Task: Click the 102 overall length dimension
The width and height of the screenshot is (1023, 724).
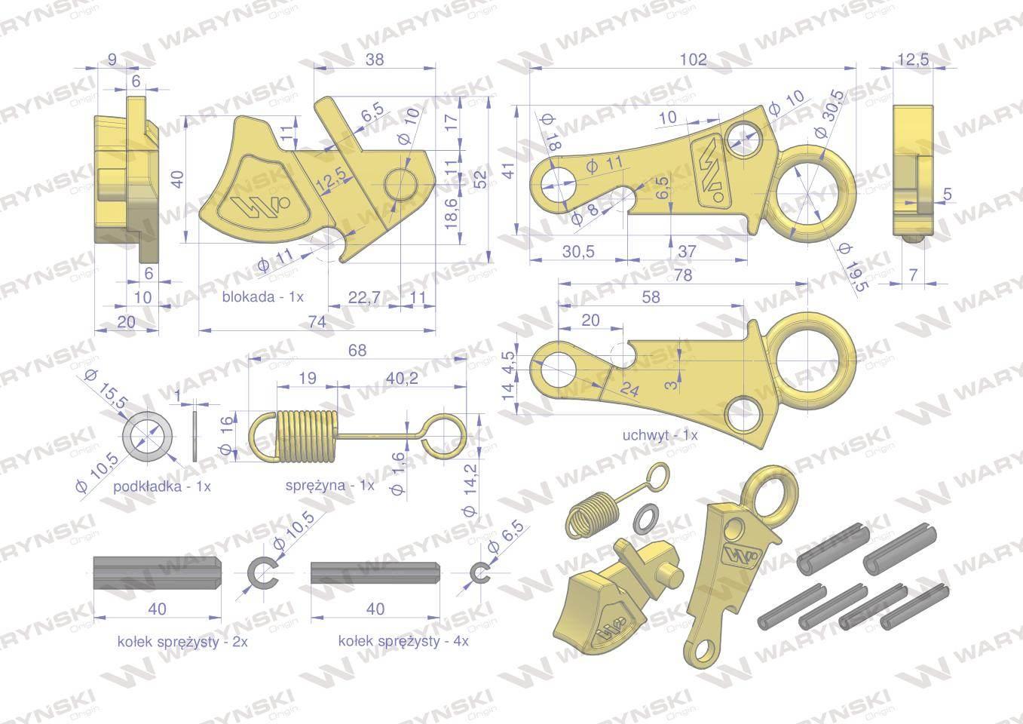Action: coord(694,60)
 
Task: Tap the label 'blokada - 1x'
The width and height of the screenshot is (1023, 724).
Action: coord(262,297)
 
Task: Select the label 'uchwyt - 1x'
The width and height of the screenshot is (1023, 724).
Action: coord(660,435)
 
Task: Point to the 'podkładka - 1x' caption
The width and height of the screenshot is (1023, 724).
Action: coord(161,486)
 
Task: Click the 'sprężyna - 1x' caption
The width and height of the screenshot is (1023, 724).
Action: coord(329,485)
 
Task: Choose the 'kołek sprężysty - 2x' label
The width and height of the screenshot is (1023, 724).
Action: coord(182,642)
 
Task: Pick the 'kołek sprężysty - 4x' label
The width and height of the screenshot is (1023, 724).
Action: coord(403,641)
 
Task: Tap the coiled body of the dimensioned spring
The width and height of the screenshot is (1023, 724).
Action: coord(308,435)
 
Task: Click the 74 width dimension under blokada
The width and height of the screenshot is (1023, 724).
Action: coord(317,322)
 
